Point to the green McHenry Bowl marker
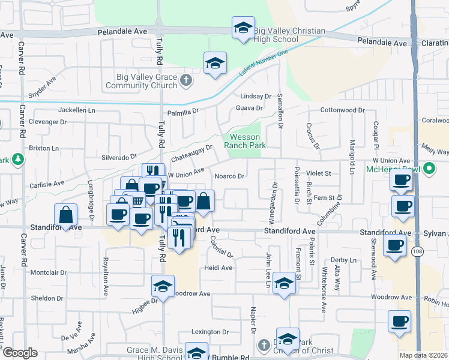[x=429, y=169]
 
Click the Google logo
[x=19, y=353]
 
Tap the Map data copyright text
[x=424, y=355]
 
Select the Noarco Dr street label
[x=230, y=176]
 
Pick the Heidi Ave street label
[x=218, y=268]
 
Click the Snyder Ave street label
[x=41, y=88]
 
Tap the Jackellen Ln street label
[x=77, y=110]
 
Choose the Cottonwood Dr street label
[x=343, y=110]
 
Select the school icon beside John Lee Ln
[x=284, y=283]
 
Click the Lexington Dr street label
[x=211, y=332]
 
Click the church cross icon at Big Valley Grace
[x=187, y=81]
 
